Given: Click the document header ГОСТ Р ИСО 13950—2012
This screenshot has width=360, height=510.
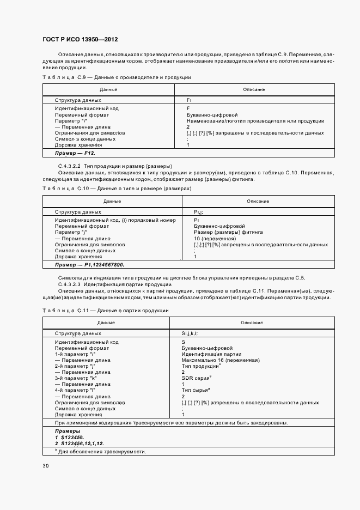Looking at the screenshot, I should pyautogui.click(x=80, y=40).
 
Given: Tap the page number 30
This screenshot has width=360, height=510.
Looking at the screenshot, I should pyautogui.click(x=45, y=465).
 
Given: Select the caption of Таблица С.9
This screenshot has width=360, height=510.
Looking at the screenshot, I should pyautogui.click(x=117, y=78).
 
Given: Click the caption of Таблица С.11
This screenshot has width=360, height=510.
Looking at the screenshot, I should pyautogui.click(x=105, y=310).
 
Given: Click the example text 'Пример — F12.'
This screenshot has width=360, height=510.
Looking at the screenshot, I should pyautogui.click(x=75, y=154).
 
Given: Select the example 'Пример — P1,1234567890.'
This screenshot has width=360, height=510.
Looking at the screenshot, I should pyautogui.click(x=89, y=264).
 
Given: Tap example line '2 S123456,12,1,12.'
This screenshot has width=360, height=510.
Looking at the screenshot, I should pyautogui.click(x=79, y=444).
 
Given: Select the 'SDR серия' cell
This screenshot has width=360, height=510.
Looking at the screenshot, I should pyautogui.click(x=197, y=378).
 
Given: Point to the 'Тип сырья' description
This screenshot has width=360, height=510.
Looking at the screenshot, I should pyautogui.click(x=196, y=390).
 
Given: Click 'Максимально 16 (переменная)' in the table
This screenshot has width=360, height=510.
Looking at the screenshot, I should pyautogui.click(x=221, y=360).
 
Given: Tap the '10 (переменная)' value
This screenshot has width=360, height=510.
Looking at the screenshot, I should pyautogui.click(x=215, y=238).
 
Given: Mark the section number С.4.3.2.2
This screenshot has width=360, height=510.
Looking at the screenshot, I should pyautogui.click(x=69, y=166).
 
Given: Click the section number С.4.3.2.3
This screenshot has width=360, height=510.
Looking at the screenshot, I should pyautogui.click(x=69, y=284).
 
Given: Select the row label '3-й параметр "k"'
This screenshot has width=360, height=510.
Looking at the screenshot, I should pyautogui.click(x=75, y=378).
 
